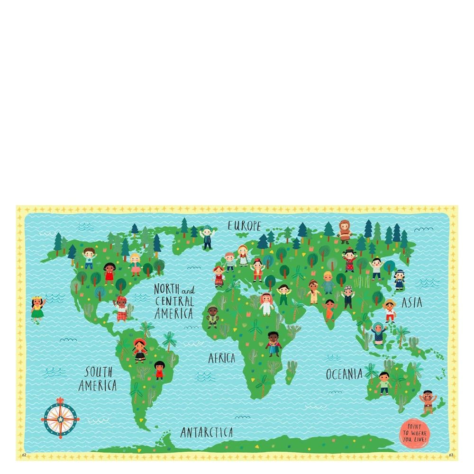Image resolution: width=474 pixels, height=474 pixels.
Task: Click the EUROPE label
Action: coord(244,226)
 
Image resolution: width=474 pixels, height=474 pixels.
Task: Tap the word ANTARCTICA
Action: coord(207,432)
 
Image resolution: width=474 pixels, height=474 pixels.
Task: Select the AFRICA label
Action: coord(221,358)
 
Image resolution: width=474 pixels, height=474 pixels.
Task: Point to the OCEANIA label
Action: coord(344,374)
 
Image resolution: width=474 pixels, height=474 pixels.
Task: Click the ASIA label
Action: coord(411,302)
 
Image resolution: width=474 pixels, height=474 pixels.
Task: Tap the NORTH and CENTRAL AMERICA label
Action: coord(174,301)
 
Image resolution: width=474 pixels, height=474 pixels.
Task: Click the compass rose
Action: coord(60,418)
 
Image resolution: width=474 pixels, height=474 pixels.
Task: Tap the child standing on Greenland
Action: coord(206,237)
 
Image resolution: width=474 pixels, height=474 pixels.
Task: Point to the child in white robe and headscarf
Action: coord(267,304)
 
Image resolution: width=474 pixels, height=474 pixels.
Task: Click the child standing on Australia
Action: coord(384,383)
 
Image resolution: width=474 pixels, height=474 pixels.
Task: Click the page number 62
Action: coord(24,455)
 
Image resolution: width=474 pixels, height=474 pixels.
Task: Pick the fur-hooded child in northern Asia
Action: coord(345,231)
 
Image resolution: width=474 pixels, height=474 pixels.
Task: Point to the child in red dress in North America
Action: coord(109,273)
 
